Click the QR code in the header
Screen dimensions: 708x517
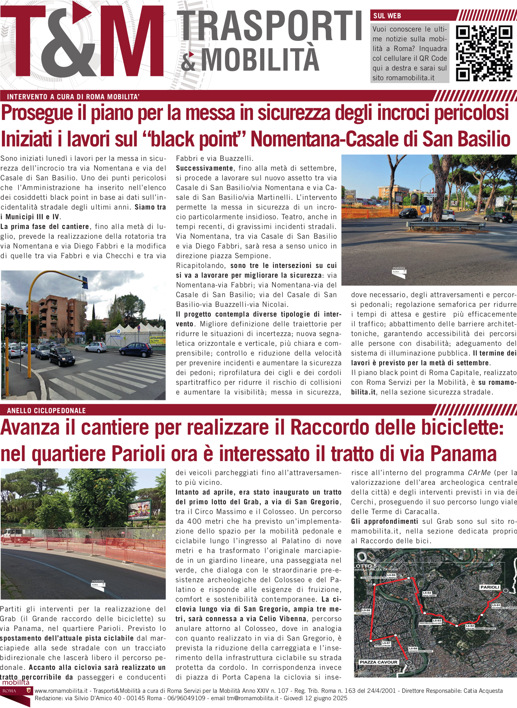(x=484, y=53)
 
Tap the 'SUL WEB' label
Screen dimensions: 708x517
(x=387, y=16)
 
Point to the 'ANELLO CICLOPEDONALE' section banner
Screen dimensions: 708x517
(x=46, y=410)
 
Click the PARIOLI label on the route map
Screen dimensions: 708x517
(x=490, y=587)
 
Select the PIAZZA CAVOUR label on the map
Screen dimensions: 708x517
(x=378, y=662)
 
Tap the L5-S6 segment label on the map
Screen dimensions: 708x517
(x=366, y=610)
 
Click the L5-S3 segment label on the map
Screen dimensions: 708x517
(x=437, y=620)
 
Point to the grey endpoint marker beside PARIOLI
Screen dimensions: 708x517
(x=505, y=591)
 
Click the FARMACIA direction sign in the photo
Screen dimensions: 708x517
(x=430, y=195)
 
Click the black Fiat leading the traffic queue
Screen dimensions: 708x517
(x=62, y=356)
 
